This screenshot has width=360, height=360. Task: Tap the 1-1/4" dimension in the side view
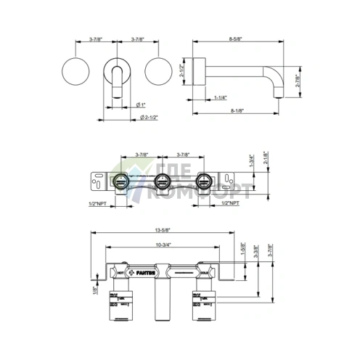pyautogui.click(x=221, y=97)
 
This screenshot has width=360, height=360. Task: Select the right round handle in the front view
pyautogui.click(x=158, y=70)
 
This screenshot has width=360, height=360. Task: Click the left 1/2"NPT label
pyautogui.click(x=99, y=205)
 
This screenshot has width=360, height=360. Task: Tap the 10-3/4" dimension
pyautogui.click(x=163, y=245)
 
